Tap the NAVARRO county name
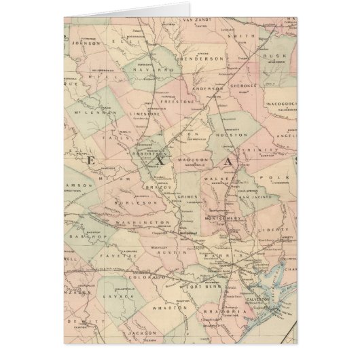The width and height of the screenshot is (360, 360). click(x=146, y=69)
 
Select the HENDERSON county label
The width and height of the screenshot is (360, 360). click(x=201, y=60)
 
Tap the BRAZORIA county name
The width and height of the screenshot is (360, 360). click(x=223, y=310)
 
